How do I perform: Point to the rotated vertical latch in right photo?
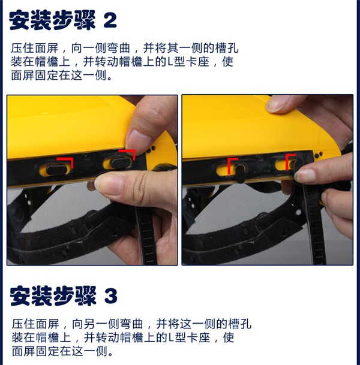click(239, 173)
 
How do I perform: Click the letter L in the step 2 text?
click(170, 62)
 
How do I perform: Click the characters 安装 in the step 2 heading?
click(30, 20)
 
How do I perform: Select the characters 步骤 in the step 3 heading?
click(74, 296)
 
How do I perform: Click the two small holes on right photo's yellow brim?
click(319, 155)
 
